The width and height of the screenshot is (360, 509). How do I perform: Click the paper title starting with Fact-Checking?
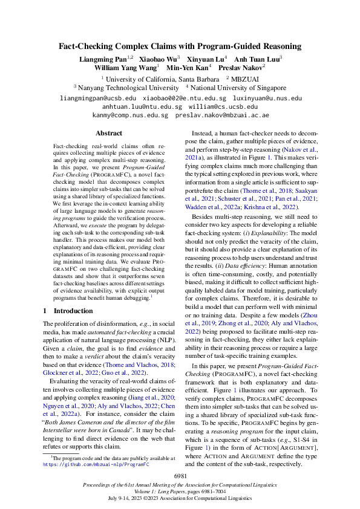point(180,47)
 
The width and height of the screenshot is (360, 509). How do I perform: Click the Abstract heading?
point(110,133)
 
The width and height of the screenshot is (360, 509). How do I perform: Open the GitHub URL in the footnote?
point(96,464)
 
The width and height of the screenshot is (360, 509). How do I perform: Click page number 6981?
point(180,478)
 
